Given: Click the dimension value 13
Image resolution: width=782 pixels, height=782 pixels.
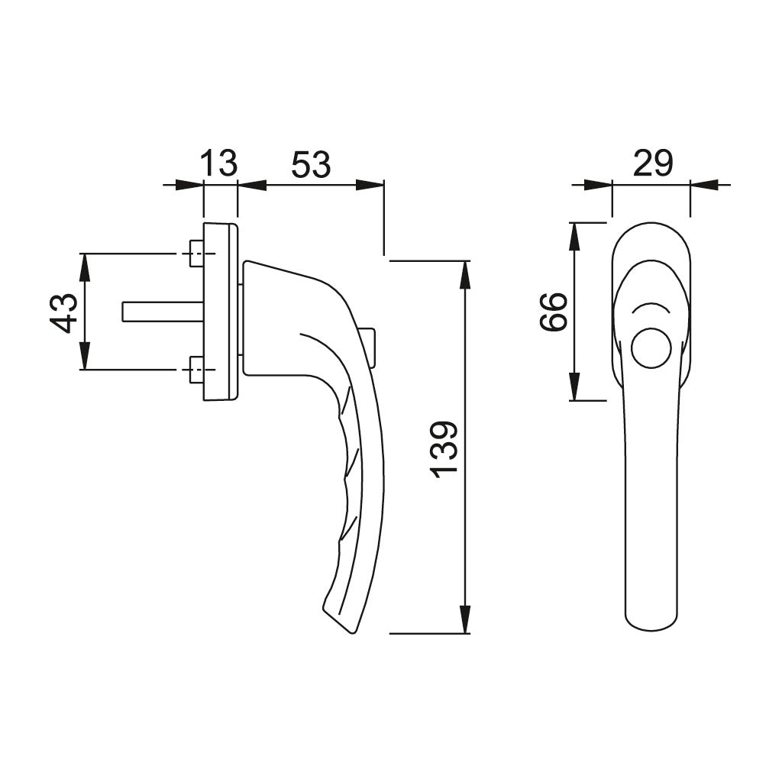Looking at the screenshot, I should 219,163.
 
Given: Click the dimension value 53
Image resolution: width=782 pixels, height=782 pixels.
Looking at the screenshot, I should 310,164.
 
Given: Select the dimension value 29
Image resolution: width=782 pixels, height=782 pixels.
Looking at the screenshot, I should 652,163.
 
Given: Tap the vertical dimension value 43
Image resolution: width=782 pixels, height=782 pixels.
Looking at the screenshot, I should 65,312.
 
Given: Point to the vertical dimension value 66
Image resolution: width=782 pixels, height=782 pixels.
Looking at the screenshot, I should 554,312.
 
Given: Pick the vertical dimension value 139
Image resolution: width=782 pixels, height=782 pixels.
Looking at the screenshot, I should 444,448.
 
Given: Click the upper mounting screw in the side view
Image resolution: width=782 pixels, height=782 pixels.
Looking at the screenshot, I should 195,254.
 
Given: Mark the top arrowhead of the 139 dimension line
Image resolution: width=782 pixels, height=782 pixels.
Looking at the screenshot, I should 464,273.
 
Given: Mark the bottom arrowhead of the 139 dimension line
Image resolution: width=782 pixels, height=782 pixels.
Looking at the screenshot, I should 464,620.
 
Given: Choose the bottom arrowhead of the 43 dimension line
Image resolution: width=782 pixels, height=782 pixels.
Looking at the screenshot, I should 84,357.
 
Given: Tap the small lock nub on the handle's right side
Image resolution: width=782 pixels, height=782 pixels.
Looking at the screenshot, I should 370,346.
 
